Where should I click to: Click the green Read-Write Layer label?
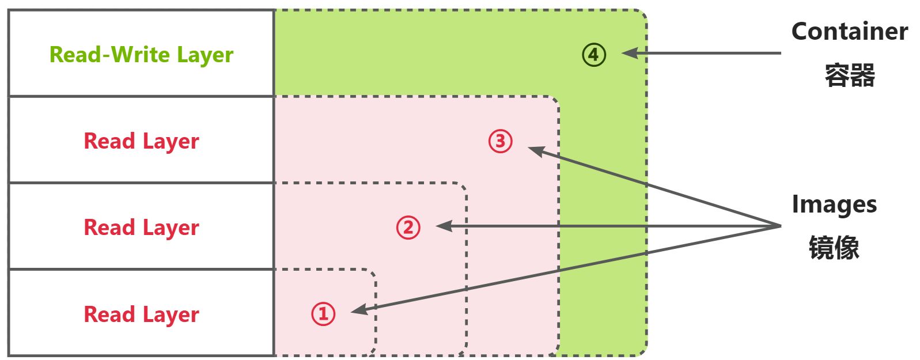tap(141, 55)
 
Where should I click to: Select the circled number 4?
tap(593, 55)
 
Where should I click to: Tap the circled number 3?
tap(500, 141)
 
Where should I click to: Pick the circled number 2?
tap(408, 228)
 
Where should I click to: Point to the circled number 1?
tap(323, 314)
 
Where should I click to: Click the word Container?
tap(849, 31)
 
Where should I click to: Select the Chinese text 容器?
tap(849, 75)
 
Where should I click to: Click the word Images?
tap(834, 204)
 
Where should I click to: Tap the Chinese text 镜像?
tap(834, 248)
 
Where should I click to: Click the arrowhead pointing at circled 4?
tap(629, 53)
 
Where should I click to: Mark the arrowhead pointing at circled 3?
tap(536, 150)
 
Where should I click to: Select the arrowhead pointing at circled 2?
tap(444, 226)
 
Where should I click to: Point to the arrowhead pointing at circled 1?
tap(358, 310)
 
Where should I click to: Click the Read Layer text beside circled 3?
tap(141, 141)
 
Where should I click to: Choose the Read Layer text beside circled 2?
tap(141, 228)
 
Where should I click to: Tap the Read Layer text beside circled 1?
tap(141, 314)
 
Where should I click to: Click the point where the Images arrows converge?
tap(779, 226)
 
